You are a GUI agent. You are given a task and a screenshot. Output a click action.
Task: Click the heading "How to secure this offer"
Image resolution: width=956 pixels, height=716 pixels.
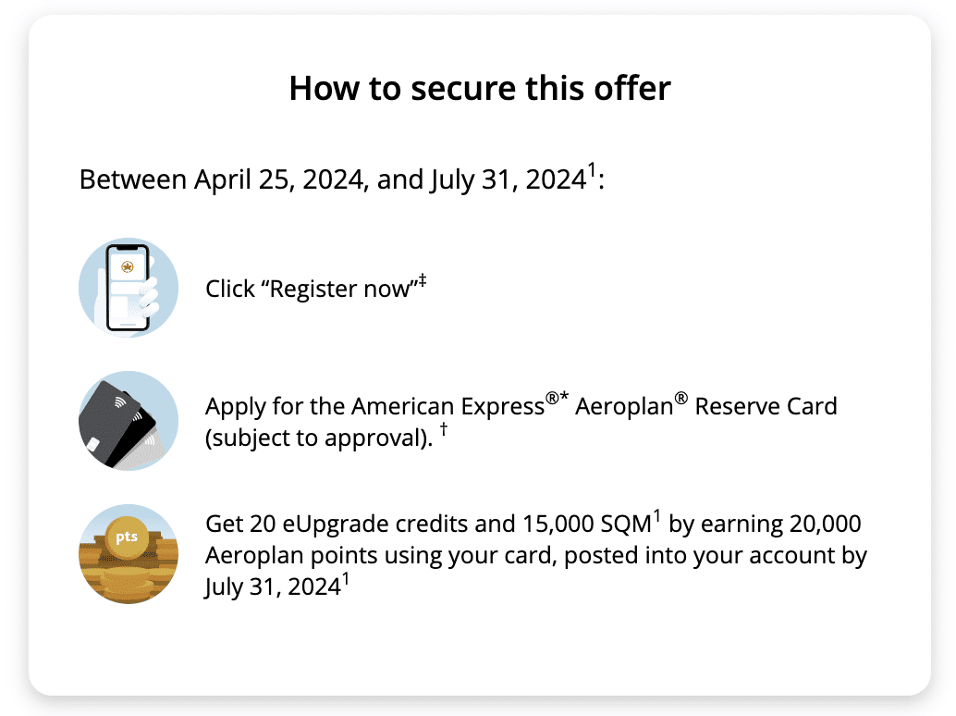480,89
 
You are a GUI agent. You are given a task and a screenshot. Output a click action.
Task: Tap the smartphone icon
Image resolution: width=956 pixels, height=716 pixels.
129,288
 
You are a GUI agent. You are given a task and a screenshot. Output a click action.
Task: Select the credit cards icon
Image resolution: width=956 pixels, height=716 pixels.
129,421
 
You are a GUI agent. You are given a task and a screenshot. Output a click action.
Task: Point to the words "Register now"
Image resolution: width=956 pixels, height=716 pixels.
340,290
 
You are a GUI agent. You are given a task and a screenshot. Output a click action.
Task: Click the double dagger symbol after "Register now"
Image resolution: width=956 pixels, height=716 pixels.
422,281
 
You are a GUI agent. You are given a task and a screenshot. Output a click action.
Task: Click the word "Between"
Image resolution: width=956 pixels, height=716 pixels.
133,179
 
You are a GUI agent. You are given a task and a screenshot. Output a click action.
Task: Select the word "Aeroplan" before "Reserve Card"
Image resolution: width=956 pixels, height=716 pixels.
624,407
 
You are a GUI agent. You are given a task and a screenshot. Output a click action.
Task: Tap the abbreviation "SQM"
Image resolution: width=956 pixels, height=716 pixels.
626,524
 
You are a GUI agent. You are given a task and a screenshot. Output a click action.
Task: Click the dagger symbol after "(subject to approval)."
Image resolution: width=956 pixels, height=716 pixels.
444,428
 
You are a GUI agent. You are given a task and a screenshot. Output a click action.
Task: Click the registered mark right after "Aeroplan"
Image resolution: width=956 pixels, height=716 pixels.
681,399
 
